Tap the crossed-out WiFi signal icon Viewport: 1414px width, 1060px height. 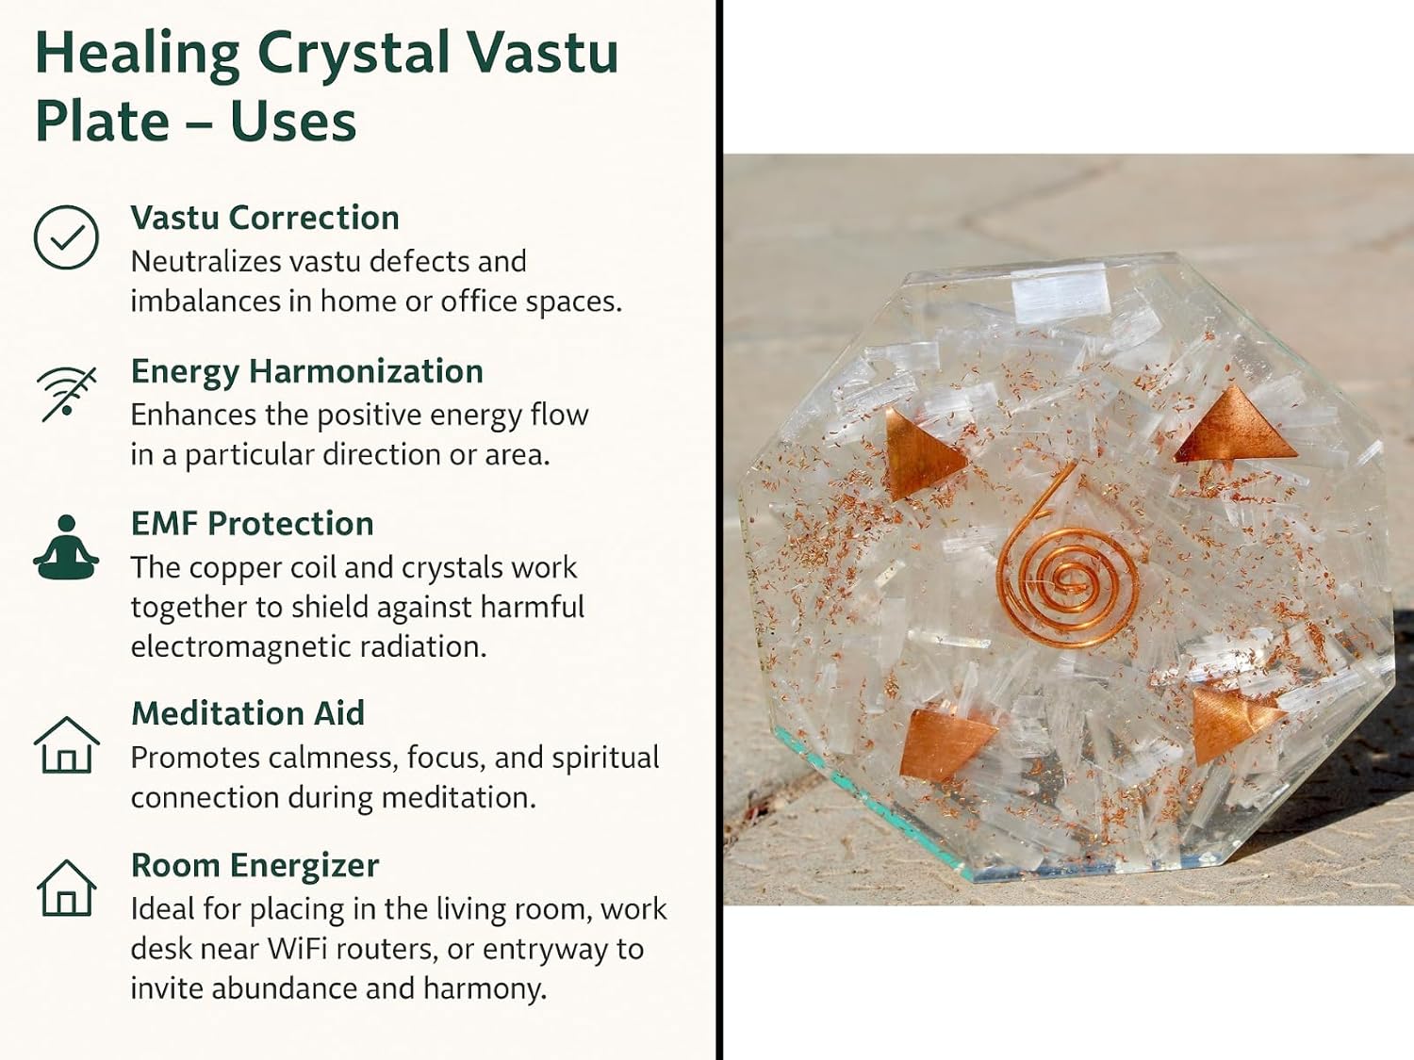[66, 394]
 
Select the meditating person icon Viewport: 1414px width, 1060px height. [66, 547]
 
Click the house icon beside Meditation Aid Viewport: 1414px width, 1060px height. [66, 744]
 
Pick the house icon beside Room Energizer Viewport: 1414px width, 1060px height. [66, 888]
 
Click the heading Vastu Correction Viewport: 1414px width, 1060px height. [265, 218]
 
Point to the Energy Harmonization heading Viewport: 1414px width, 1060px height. [306, 371]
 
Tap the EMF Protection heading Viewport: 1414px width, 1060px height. [252, 523]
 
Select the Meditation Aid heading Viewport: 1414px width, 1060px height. [248, 713]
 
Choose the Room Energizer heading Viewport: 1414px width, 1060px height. [255, 866]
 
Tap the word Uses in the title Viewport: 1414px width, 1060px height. [292, 122]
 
